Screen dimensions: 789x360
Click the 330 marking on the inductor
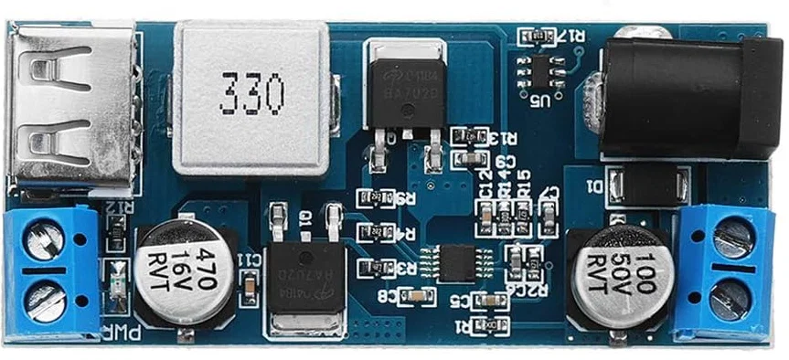[251, 93]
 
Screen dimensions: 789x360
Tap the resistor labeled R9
[375, 198]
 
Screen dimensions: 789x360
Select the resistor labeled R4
[375, 232]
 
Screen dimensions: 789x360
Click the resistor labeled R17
[536, 36]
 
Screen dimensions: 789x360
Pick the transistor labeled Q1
[305, 274]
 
